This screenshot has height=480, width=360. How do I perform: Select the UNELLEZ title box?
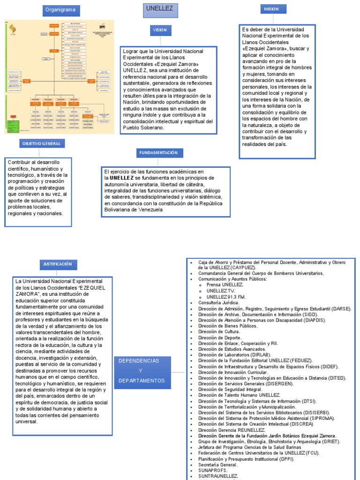(159, 9)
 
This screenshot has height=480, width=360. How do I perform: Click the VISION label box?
(158, 30)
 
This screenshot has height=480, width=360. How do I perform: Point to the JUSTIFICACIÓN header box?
(58, 264)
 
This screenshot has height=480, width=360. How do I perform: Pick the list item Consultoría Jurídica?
(218, 303)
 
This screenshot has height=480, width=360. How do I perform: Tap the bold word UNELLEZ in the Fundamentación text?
(121, 178)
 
